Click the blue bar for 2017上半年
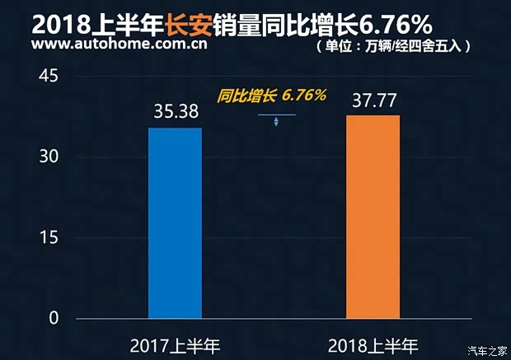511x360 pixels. [x=175, y=222]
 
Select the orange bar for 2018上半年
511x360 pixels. [x=373, y=216]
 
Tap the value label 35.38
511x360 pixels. [x=175, y=111]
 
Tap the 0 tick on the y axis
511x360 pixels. [x=54, y=319]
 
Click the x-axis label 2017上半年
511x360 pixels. [x=175, y=344]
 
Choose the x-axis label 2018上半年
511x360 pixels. [x=373, y=344]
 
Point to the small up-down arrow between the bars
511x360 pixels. [x=276, y=123]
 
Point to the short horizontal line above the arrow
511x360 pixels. [x=276, y=115]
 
